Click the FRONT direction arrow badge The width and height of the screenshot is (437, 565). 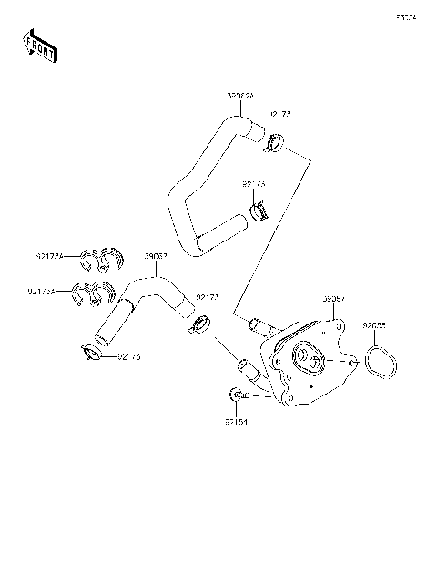[38, 46]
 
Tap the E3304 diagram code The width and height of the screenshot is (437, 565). [405, 16]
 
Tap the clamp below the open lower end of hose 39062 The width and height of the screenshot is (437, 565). [93, 352]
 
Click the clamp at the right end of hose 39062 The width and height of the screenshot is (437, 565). [201, 324]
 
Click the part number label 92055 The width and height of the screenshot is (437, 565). [375, 325]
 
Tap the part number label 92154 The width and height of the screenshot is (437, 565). [236, 423]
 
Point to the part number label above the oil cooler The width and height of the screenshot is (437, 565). [333, 298]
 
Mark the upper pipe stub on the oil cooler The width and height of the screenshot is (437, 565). [258, 323]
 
